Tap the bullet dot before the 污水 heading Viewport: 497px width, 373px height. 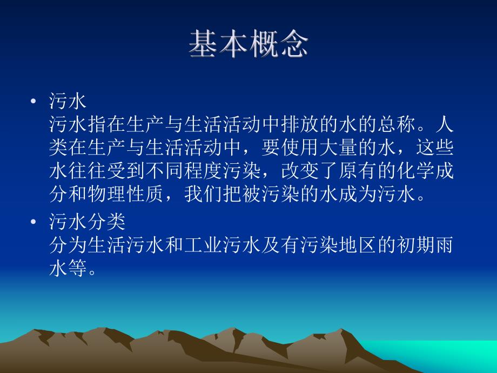point(33,102)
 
